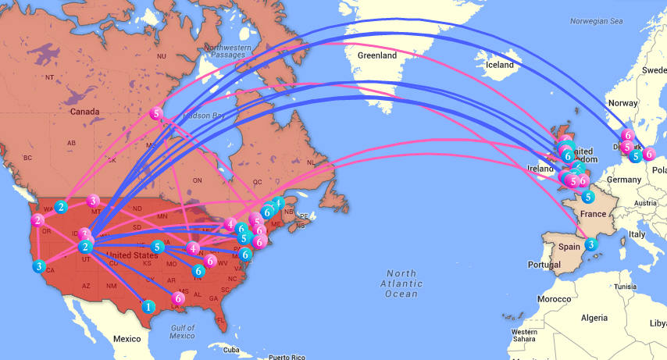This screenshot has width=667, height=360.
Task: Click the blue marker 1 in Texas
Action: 147,307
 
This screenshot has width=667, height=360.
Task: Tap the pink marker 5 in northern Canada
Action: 157,113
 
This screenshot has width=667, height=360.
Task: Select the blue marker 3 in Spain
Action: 591,244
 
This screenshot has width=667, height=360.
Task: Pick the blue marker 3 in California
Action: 39,266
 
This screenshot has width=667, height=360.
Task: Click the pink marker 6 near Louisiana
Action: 179,298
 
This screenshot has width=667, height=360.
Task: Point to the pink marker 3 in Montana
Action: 93,201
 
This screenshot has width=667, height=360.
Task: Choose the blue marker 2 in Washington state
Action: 61,207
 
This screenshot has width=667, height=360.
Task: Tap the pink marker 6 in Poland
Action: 648,154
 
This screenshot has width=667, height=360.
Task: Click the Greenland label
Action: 377,55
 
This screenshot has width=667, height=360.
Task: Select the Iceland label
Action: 499,65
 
